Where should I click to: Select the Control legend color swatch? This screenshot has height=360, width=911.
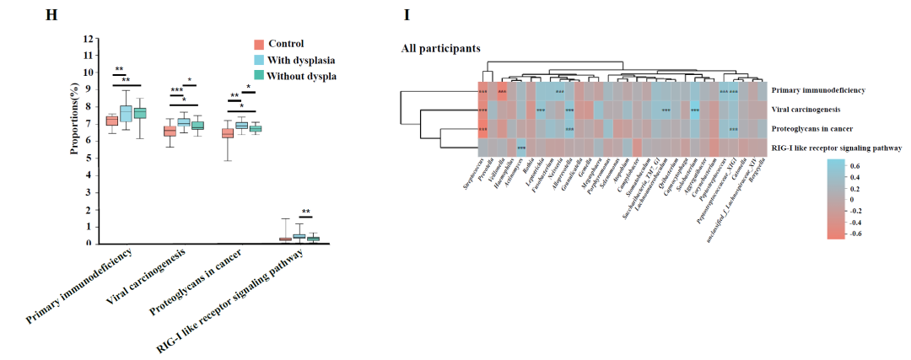coord(260,44)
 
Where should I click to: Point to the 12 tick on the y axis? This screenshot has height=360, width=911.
coord(99,39)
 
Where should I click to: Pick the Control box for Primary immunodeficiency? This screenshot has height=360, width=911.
coord(111,121)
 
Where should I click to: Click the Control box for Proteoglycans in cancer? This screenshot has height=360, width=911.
coord(227,133)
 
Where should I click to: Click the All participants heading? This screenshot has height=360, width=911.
coord(440,48)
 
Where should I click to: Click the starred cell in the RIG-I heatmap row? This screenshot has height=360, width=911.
coord(521,148)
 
